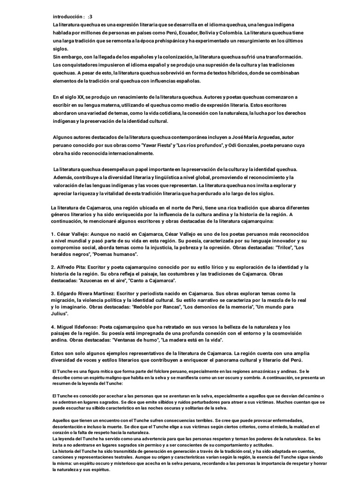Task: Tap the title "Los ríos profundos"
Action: [198, 145]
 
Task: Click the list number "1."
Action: [53, 233]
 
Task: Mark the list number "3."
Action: [53, 293]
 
